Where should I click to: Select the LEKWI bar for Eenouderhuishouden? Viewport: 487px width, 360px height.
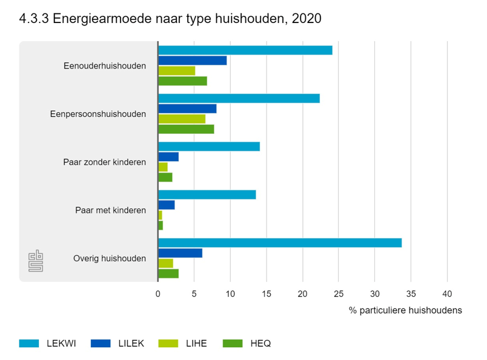[x=245, y=50]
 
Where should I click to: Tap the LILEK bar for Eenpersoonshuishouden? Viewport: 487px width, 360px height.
[x=187, y=108]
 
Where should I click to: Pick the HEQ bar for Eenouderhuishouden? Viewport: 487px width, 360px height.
[x=182, y=81]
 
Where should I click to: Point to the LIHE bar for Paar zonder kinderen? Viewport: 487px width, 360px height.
[x=163, y=167]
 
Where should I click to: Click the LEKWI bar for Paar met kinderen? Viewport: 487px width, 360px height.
[x=207, y=195]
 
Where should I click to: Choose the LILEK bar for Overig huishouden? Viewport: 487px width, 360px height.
[x=180, y=253]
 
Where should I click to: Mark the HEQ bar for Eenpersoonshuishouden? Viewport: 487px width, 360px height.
[x=186, y=129]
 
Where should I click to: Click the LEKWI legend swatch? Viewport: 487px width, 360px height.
[x=28, y=344]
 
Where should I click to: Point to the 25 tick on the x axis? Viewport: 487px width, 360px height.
[x=339, y=295]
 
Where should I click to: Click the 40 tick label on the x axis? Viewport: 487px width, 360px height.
[x=447, y=295]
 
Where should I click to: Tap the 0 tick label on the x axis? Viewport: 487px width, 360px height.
[x=158, y=295]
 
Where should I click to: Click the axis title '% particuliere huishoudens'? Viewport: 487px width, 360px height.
[x=405, y=310]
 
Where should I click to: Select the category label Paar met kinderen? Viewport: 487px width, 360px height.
[x=111, y=210]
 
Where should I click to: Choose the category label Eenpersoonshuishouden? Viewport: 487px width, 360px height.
[x=98, y=114]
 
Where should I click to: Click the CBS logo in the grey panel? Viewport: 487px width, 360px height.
[x=36, y=261]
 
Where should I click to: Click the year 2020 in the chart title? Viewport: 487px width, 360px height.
[x=306, y=19]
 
